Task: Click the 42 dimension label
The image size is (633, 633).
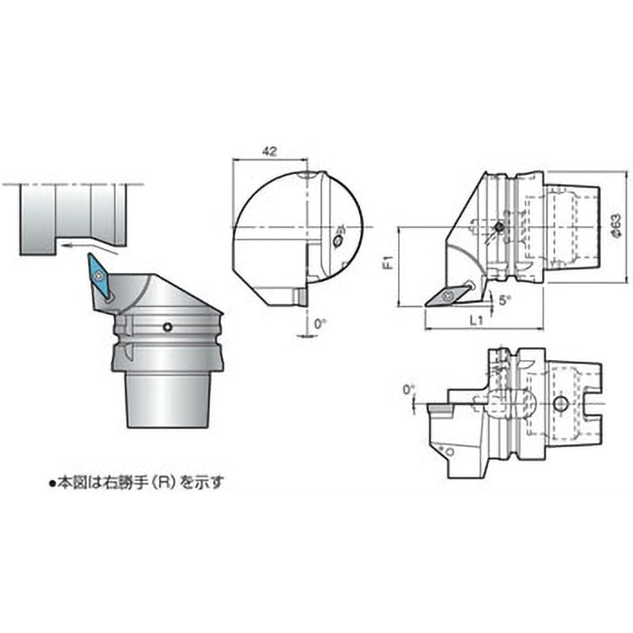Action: coord(270,150)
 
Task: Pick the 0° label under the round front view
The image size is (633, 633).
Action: coord(319,324)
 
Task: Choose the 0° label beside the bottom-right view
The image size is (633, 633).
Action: coord(407,389)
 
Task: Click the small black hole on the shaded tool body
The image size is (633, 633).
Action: coord(167,327)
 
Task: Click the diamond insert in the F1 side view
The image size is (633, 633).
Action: coord(446,296)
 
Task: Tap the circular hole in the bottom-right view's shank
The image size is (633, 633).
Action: coord(561,404)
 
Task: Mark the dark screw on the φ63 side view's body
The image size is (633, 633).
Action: coord(498,227)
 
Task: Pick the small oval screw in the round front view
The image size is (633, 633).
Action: coord(339,239)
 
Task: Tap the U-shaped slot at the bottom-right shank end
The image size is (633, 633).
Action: coord(594,405)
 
